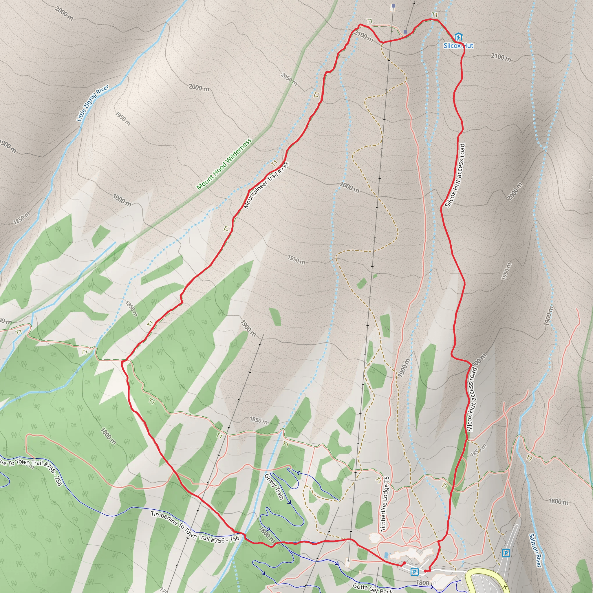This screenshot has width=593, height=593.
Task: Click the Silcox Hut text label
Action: click(x=459, y=46)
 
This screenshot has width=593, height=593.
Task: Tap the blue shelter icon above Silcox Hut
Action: click(x=459, y=37)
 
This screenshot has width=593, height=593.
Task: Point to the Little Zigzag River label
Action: click(x=92, y=103)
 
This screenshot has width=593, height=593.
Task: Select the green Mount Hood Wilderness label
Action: click(x=224, y=164)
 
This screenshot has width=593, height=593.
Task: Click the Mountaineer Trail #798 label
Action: click(x=266, y=185)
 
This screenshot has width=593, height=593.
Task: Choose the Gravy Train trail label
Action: click(x=274, y=487)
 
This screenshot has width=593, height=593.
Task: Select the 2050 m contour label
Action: click(x=288, y=79)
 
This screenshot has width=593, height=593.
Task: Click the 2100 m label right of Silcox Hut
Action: click(x=501, y=57)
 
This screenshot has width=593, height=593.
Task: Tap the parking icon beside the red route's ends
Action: click(x=414, y=572)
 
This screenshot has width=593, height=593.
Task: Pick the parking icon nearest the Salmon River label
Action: click(x=506, y=553)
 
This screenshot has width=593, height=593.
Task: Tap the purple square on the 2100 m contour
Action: click(x=405, y=32)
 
